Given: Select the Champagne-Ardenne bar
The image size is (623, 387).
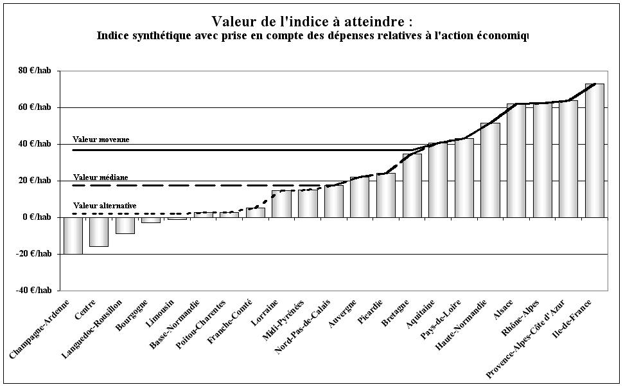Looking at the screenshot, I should pos(73,235).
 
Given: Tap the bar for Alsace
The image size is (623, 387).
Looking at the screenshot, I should pos(516,160).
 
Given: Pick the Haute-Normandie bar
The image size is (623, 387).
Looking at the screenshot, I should pos(490,170).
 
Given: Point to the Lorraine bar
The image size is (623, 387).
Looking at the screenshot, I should pos(281,204).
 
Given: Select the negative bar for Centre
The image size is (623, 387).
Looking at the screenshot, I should pos(99,231).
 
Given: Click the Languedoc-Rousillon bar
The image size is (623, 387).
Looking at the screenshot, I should pos(125,225).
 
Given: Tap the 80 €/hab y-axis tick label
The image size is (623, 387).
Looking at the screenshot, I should pos(35,71).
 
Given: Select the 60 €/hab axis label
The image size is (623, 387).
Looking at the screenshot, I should pos(35,107).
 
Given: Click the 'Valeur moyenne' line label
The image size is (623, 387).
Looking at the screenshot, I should pos(101,139).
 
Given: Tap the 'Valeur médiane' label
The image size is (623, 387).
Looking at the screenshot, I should pos(100,177).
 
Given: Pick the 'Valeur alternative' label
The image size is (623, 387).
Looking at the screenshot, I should pos(104,206).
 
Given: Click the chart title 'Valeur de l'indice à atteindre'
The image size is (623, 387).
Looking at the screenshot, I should pos(311,21).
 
